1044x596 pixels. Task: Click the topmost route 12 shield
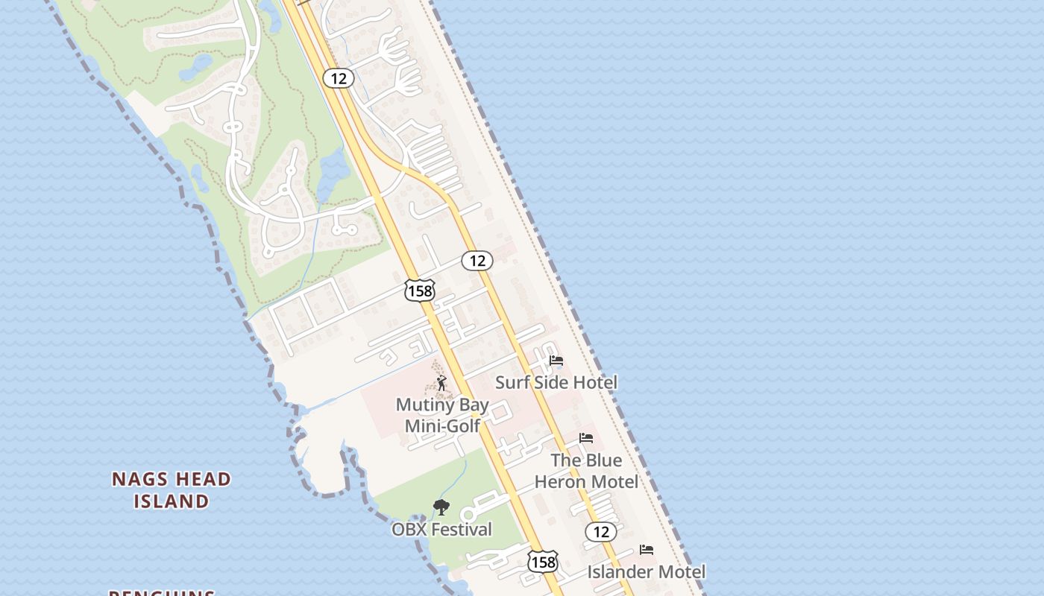[339, 78]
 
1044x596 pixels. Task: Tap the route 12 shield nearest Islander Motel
[600, 532]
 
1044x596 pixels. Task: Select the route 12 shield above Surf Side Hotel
[477, 261]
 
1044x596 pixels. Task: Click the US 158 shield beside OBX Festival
[543, 562]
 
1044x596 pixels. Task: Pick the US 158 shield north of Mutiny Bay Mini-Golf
[420, 291]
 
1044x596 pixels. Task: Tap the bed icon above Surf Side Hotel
[556, 361]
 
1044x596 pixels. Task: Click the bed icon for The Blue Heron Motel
[586, 438]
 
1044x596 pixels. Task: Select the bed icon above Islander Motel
[647, 550]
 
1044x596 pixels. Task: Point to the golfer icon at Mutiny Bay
[441, 384]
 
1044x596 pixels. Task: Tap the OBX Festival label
[441, 530]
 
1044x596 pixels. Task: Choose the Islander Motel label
[646, 572]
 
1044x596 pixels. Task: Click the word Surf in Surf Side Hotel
[511, 383]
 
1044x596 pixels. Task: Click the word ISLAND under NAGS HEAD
[172, 501]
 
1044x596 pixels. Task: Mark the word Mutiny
[421, 405]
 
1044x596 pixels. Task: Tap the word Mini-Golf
[442, 426]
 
